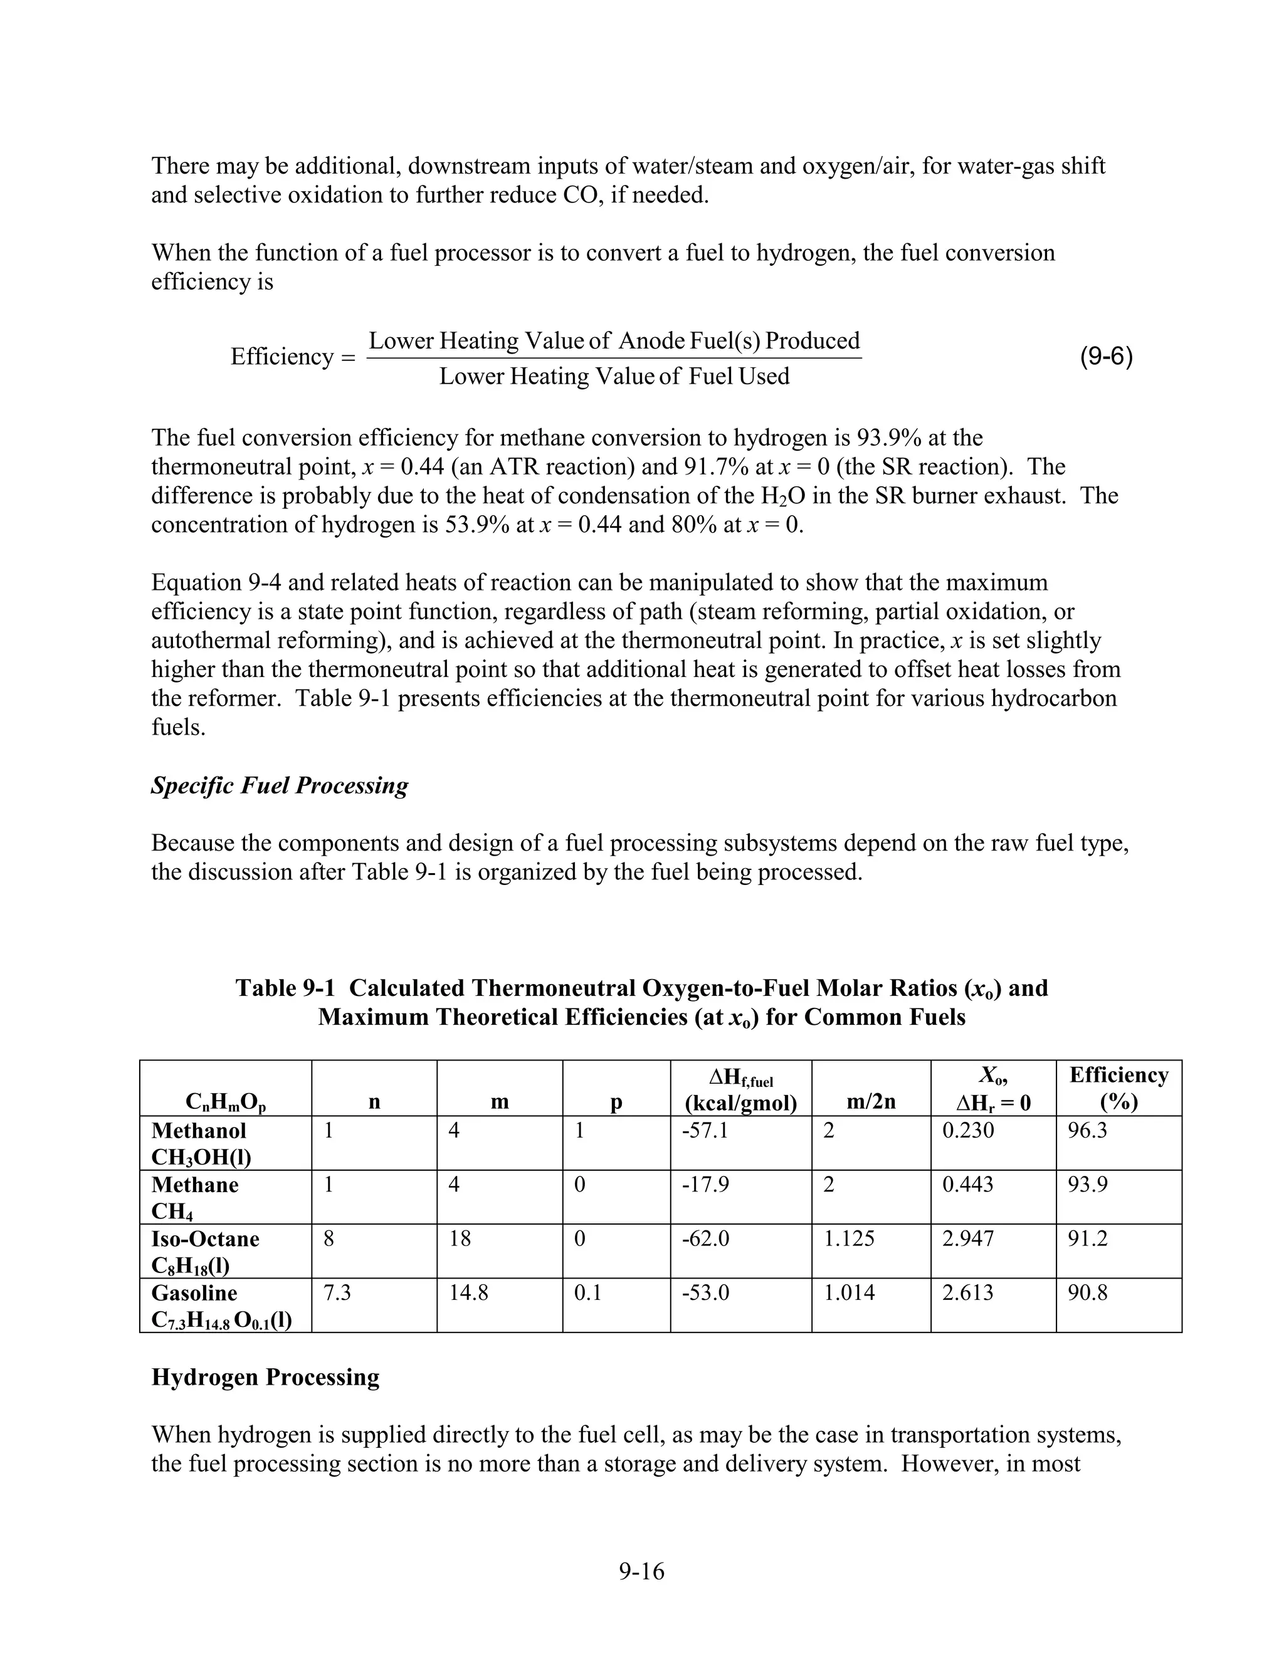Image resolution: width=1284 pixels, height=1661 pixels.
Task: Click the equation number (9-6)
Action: [x=1106, y=357]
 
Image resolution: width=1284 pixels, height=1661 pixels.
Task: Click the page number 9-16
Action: [x=641, y=1571]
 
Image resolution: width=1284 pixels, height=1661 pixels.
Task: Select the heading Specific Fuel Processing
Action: [x=279, y=785]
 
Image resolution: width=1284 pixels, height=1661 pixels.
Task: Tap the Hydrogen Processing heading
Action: [x=265, y=1376]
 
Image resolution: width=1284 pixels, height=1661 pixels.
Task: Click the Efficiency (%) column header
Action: [x=1118, y=1088]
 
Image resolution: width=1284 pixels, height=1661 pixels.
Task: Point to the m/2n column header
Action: [x=871, y=1101]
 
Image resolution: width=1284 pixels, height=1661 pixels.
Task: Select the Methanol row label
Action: [x=199, y=1130]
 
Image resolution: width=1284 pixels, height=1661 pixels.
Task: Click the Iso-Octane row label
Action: [x=206, y=1238]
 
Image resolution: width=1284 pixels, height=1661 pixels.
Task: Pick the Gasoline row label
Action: [x=195, y=1292]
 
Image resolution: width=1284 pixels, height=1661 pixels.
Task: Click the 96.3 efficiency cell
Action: [x=1087, y=1130]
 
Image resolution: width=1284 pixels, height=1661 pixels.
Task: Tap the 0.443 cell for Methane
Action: [x=967, y=1184]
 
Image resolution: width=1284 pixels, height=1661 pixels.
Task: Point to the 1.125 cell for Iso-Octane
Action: [x=849, y=1238]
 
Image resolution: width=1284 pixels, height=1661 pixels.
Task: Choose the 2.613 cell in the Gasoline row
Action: [x=967, y=1292]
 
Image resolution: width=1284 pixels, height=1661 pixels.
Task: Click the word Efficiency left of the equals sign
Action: [x=282, y=357]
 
